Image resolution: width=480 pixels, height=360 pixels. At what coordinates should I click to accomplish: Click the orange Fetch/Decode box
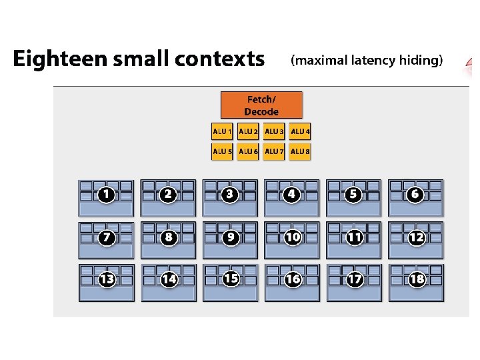261,105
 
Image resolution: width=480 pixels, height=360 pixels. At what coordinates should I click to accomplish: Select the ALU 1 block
222,131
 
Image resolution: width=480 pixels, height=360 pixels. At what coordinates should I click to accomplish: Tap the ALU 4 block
300,131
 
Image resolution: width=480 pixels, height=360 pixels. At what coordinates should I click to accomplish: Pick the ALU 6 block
248,151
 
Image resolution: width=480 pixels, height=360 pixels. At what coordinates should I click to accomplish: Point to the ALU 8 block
300,151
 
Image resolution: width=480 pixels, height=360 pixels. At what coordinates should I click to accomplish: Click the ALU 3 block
274,131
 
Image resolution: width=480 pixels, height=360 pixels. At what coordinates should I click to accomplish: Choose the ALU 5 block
222,151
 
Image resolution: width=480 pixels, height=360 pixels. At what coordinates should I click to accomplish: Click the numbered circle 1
106,195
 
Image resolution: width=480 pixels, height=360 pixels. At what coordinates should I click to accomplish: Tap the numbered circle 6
415,194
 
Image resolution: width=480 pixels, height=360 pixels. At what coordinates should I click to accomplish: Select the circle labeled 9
231,237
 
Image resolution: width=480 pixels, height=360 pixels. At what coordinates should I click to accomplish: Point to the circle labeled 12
416,237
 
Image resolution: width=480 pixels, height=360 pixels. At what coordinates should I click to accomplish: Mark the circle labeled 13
107,279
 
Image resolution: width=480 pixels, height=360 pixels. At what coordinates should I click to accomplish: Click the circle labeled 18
417,279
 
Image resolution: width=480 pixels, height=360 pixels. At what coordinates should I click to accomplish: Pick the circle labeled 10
293,237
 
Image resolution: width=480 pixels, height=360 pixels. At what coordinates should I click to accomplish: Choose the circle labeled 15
231,279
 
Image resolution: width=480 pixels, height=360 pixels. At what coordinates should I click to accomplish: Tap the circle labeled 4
291,195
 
